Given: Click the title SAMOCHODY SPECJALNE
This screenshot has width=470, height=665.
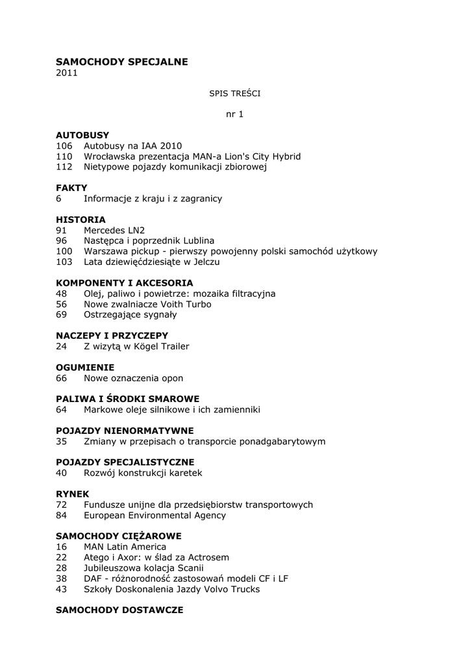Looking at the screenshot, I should [x=121, y=62].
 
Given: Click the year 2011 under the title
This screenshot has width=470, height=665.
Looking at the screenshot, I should [x=66, y=73].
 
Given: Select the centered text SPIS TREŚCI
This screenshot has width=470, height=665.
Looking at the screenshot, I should [x=234, y=94].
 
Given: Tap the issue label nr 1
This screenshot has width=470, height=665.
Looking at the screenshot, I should [x=234, y=114].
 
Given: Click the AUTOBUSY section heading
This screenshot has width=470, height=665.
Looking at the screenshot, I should [x=82, y=135].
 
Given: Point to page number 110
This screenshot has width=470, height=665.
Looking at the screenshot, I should [x=64, y=157].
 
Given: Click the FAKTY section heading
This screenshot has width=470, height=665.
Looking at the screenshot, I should [x=71, y=188].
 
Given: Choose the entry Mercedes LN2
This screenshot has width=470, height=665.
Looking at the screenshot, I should [x=114, y=230].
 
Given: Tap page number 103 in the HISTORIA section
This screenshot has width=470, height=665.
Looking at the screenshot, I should [x=64, y=262].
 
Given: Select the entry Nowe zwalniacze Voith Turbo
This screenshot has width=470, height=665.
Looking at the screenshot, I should [x=147, y=304].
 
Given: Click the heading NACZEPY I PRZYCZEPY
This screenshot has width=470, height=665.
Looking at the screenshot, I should [x=112, y=335].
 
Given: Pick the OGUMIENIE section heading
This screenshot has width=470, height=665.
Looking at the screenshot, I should [x=85, y=367].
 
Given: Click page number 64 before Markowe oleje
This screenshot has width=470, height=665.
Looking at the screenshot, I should [x=61, y=409].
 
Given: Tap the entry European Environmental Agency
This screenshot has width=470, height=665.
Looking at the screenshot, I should [x=155, y=515].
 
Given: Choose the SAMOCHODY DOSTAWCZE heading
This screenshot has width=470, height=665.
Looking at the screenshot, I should [x=119, y=610].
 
